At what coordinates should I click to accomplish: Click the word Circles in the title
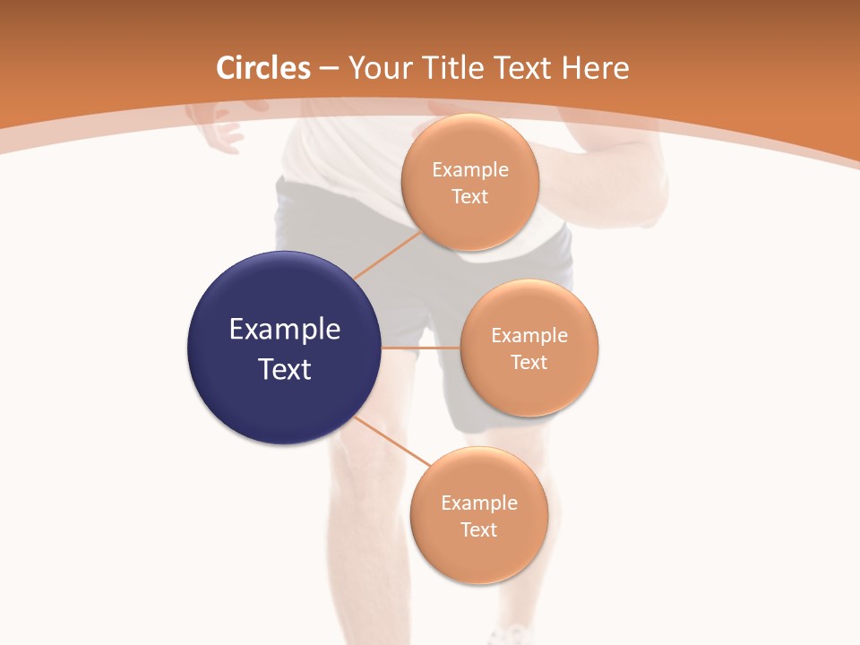tap(262, 68)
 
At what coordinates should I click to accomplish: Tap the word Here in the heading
tap(595, 68)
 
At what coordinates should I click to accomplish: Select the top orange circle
tap(469, 219)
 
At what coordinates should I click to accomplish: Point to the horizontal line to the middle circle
tap(420, 348)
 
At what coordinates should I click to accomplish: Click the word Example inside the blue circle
tap(285, 330)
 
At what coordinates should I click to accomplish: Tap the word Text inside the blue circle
tap(285, 369)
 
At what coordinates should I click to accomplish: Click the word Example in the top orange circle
tap(470, 170)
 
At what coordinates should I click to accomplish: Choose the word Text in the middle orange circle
tap(529, 362)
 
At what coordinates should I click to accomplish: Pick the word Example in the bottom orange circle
tap(479, 503)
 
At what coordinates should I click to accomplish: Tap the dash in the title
tap(328, 69)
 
